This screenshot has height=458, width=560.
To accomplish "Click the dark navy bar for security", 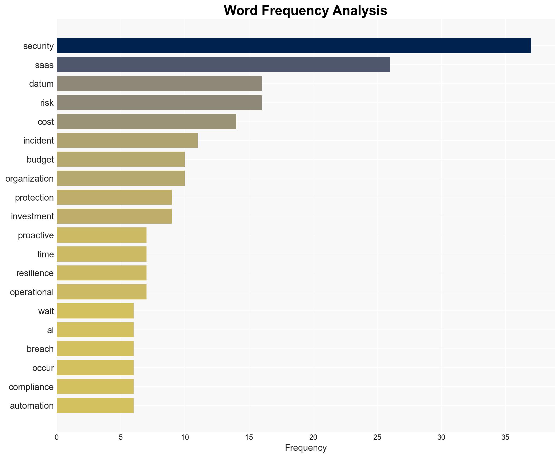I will pyautogui.click(x=294, y=46).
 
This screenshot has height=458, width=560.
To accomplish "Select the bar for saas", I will pyautogui.click(x=223, y=65).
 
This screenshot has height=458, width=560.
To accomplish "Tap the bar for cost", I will pyautogui.click(x=146, y=121).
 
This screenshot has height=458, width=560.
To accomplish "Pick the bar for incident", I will pyautogui.click(x=127, y=140).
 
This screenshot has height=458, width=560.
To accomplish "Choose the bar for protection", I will pyautogui.click(x=114, y=197).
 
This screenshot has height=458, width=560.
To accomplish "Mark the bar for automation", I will pyautogui.click(x=95, y=406).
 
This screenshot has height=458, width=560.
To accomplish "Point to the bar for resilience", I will pyautogui.click(x=102, y=273).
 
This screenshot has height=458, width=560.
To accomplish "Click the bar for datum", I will pyautogui.click(x=159, y=84).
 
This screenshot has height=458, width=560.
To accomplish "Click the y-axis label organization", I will pyautogui.click(x=29, y=179).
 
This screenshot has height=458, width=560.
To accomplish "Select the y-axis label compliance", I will pyautogui.click(x=31, y=387).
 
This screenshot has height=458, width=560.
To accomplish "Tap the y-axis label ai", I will pyautogui.click(x=50, y=330).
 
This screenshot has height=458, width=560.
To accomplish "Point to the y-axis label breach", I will pyautogui.click(x=40, y=349).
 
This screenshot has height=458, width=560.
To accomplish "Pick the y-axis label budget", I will pyautogui.click(x=40, y=160).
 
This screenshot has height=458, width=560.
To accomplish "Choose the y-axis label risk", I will pyautogui.click(x=47, y=103).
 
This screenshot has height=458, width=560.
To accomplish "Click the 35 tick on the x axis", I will pyautogui.click(x=505, y=437).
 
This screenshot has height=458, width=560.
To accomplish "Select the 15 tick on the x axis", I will pyautogui.click(x=249, y=437).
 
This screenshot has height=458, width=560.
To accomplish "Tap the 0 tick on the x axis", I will pyautogui.click(x=57, y=437).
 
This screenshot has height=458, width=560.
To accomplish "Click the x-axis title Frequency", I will pyautogui.click(x=306, y=448).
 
